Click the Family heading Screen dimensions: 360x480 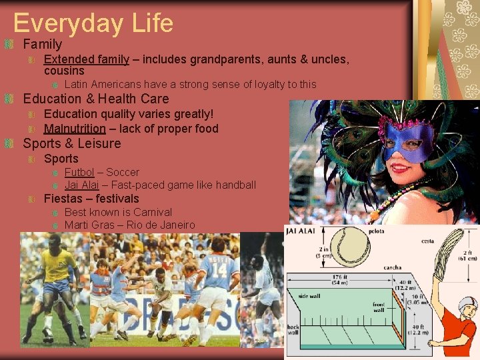pyautogui.click(x=42, y=45)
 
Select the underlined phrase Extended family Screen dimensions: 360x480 pyautogui.click(x=86, y=59)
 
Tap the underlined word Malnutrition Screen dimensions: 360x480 pyautogui.click(x=75, y=129)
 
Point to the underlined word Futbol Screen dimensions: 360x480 pyautogui.click(x=79, y=172)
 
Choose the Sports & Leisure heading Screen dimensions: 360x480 pyautogui.click(x=72, y=143)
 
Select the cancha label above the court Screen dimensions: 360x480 pyautogui.click(x=392, y=267)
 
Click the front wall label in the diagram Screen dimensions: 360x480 pyautogui.click(x=378, y=307)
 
